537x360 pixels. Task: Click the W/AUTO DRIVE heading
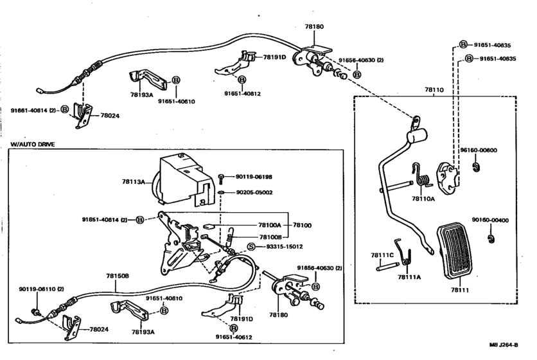[x=32, y=145]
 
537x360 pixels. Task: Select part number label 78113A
[x=133, y=181]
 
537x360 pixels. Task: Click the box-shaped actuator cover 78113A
[x=183, y=179]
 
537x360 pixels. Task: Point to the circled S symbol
[x=252, y=246]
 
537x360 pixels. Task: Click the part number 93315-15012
[x=285, y=246]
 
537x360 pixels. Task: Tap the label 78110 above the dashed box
[x=434, y=90]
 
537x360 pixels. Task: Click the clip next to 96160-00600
[x=476, y=167]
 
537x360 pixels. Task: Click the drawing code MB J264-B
[x=504, y=345]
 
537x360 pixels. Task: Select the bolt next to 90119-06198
[x=221, y=179]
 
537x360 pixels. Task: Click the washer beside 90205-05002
[x=221, y=192]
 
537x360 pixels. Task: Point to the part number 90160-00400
[x=490, y=220]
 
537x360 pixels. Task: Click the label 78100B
[x=270, y=237]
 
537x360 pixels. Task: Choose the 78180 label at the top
[x=314, y=27]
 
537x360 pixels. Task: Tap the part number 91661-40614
[x=29, y=111]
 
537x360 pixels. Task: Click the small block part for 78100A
[x=209, y=226]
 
